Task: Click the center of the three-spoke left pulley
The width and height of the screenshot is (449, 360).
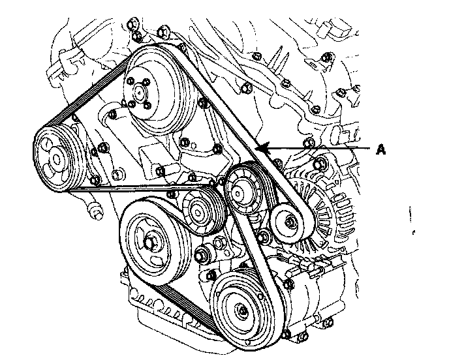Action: coord(55,157)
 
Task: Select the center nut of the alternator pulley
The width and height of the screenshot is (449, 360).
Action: coord(285,226)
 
